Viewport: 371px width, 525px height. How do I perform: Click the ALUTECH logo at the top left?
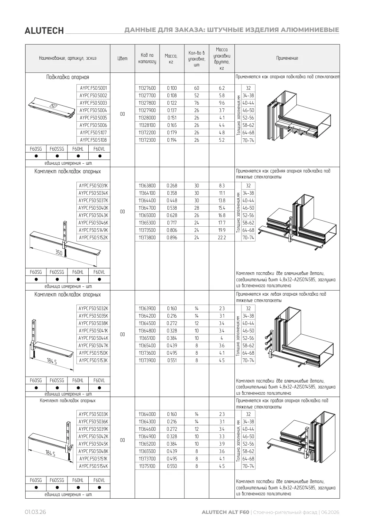coord(44,31)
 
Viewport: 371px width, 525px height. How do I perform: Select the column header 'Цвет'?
coord(122,58)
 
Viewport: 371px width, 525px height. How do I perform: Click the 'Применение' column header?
coord(287,58)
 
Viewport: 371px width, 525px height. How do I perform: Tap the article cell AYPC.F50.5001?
coord(93,88)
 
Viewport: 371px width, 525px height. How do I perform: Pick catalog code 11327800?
coord(147,103)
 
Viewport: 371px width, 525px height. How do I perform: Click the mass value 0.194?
coord(172,140)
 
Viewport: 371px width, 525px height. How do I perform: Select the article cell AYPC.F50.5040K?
coord(93,208)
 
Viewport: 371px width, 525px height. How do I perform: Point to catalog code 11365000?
coord(147,216)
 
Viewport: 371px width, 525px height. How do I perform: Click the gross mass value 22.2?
coord(222,238)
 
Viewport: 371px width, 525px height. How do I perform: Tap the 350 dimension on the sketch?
coord(59,252)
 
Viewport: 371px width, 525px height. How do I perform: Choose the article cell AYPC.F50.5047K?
coord(93,345)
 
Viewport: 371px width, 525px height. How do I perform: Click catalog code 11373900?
coord(147,360)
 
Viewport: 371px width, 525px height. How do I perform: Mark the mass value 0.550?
coord(172,466)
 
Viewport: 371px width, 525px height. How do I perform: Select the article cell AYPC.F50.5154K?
coord(93,466)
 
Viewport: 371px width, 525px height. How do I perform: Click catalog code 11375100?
coord(147,466)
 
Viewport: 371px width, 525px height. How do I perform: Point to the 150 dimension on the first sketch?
coord(54,106)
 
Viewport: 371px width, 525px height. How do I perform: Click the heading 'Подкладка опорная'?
coord(68,77)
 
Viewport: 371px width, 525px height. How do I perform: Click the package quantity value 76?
coord(196,103)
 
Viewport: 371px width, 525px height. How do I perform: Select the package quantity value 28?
coord(196,208)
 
